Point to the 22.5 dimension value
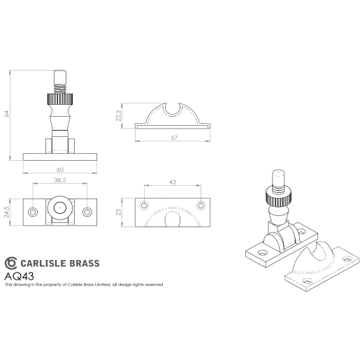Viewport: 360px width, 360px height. (120, 115)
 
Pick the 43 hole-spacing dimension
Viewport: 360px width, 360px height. (172, 182)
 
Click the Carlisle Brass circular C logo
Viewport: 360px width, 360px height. (10, 263)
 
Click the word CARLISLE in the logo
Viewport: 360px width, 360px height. (45, 264)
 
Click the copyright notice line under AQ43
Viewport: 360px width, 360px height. (84, 285)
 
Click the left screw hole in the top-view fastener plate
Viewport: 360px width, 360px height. (32, 212)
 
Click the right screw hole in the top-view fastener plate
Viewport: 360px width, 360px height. (87, 212)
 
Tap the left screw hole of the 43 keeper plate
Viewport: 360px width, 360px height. (144, 205)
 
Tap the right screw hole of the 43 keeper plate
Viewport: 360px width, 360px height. (201, 205)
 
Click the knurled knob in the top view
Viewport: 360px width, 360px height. (59, 209)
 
